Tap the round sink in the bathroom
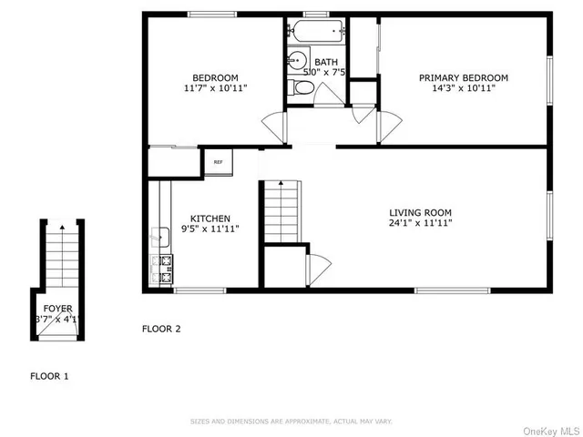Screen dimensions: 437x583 (295, 62)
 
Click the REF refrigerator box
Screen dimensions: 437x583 (219, 162)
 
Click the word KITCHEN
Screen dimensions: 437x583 (210, 218)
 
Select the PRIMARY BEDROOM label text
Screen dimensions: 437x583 (464, 78)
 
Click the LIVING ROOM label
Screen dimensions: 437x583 (419, 211)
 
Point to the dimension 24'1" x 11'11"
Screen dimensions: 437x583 (419, 223)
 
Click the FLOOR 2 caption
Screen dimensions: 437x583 (161, 329)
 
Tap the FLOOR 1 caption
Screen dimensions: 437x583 (49, 375)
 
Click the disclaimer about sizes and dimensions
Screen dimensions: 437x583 (291, 422)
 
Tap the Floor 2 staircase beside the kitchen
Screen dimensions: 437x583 (281, 211)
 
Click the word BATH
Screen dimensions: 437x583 (326, 62)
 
